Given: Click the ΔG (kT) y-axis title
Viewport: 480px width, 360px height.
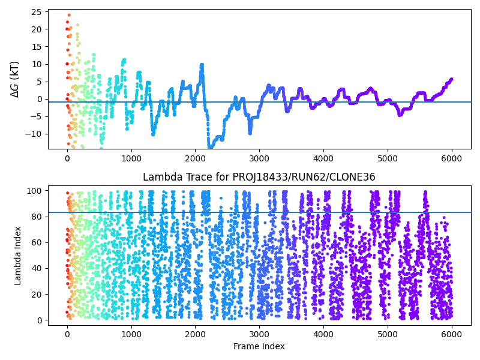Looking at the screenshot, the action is point(14,79).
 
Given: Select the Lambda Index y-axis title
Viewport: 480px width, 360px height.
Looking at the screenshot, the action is point(17,256).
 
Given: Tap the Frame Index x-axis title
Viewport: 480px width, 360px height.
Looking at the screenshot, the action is point(259,346).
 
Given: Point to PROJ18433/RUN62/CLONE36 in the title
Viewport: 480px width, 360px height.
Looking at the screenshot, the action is point(304,177).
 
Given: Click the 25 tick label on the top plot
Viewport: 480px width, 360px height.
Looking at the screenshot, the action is point(37,12).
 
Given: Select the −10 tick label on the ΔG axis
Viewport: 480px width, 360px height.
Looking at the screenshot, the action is point(33,134).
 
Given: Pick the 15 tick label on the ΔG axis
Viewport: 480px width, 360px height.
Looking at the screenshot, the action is point(37,47).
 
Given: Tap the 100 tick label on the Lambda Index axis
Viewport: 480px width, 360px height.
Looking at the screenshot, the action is point(34,191).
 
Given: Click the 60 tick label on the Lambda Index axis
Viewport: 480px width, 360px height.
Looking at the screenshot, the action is point(37,242).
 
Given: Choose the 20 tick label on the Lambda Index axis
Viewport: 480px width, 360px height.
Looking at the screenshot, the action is point(37,295).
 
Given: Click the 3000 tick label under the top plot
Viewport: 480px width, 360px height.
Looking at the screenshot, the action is point(259,158).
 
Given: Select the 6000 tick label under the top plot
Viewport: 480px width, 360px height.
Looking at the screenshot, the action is point(452,158).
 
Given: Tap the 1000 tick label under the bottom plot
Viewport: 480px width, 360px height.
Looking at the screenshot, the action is point(131,334).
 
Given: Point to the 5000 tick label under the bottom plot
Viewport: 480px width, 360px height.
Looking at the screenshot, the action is point(388,334).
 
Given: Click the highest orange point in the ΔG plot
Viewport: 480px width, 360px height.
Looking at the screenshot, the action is point(69,15).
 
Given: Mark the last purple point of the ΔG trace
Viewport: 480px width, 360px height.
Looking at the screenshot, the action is point(451,79).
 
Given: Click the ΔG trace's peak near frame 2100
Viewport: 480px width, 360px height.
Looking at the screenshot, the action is point(202,65).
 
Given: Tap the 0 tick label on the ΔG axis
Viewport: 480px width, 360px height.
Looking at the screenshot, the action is point(39,99).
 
